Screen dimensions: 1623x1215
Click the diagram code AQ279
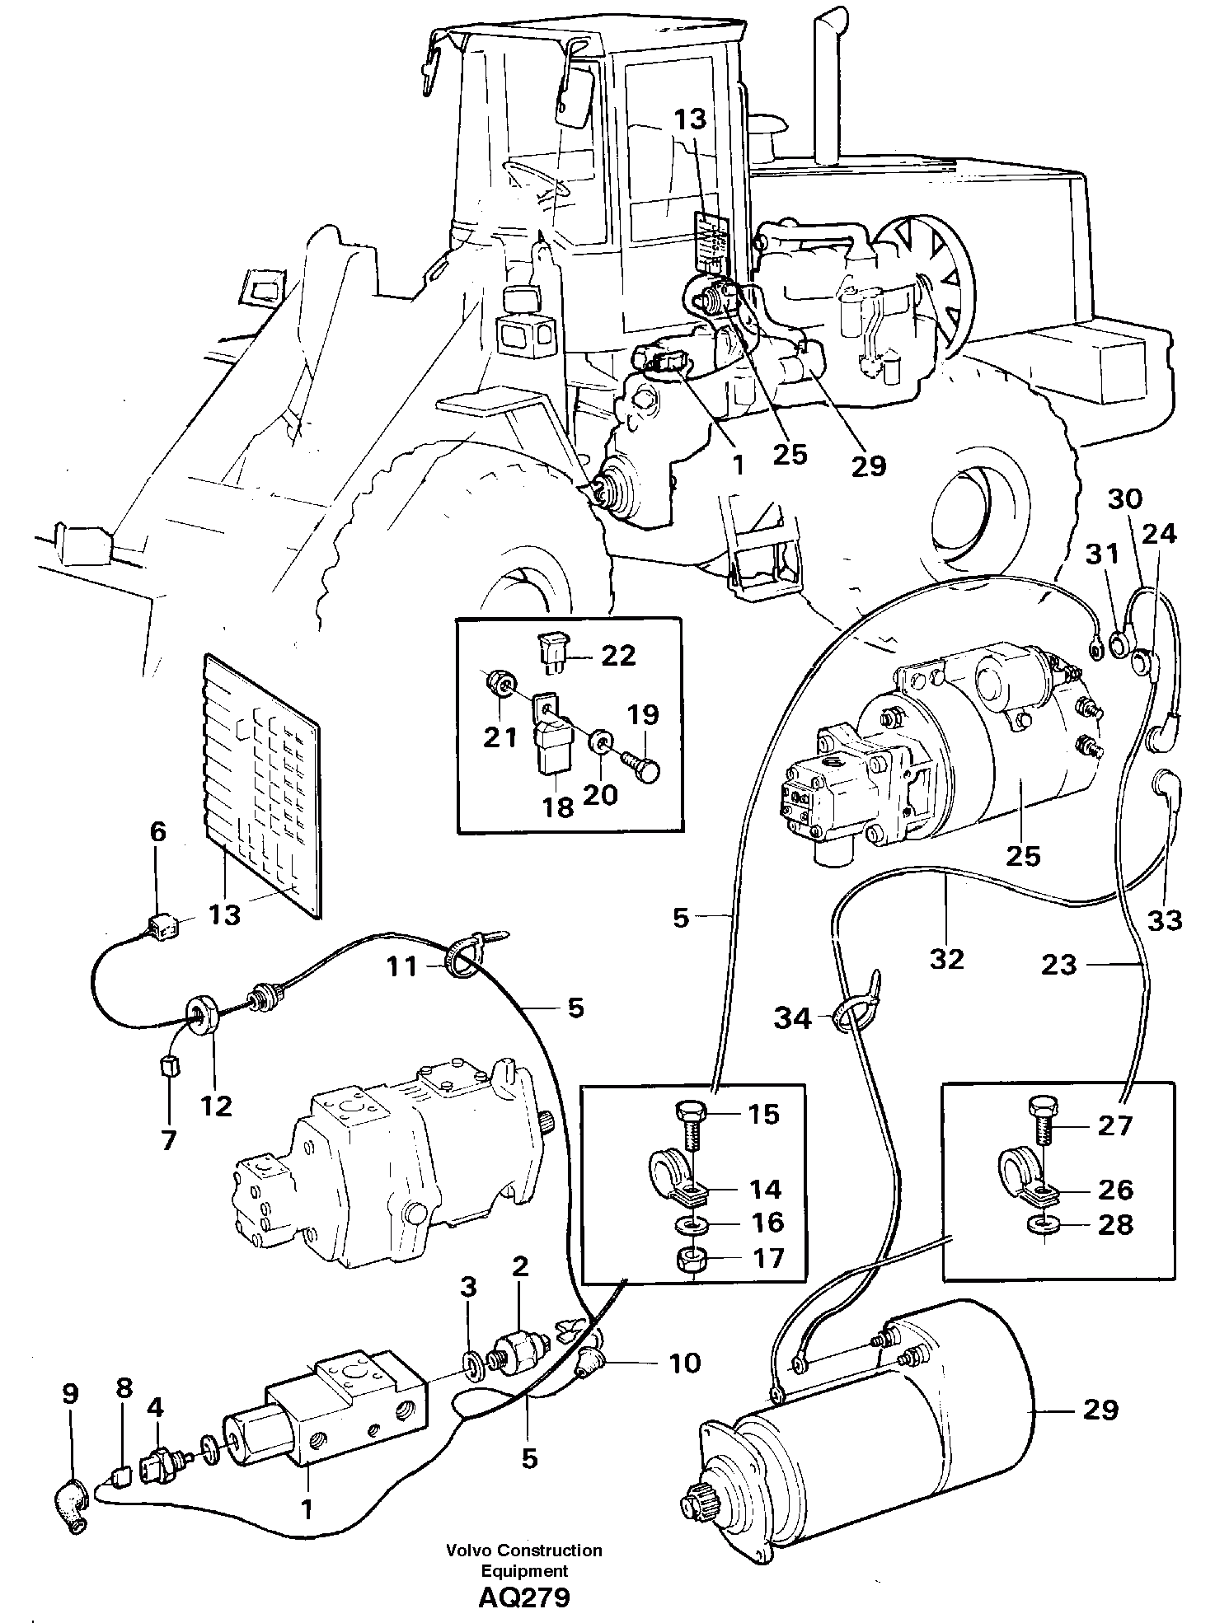pyautogui.click(x=523, y=1598)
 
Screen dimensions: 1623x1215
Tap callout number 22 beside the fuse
pyautogui.click(x=617, y=656)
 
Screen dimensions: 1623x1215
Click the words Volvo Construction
pyautogui.click(x=523, y=1551)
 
